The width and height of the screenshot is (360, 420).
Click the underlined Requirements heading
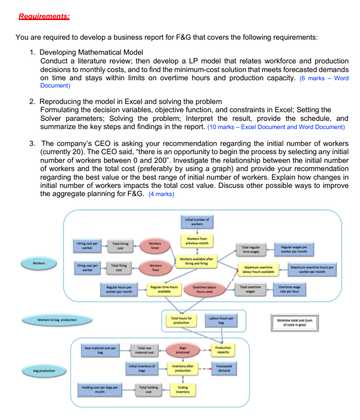click(x=44, y=17)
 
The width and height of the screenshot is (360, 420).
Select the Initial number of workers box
click(x=197, y=222)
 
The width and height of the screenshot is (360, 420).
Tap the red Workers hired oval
click(x=155, y=246)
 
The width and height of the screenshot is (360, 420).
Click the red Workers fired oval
click(x=155, y=268)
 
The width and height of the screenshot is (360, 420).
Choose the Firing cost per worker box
click(x=87, y=268)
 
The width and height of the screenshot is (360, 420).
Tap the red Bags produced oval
click(x=183, y=350)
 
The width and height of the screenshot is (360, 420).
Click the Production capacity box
click(x=223, y=350)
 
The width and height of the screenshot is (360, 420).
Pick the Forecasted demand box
click(x=224, y=368)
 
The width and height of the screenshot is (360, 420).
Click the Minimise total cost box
click(x=294, y=322)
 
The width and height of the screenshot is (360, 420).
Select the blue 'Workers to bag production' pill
click(x=57, y=320)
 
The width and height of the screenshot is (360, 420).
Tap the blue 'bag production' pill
click(x=44, y=371)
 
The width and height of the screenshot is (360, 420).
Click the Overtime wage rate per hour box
click(x=289, y=290)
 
